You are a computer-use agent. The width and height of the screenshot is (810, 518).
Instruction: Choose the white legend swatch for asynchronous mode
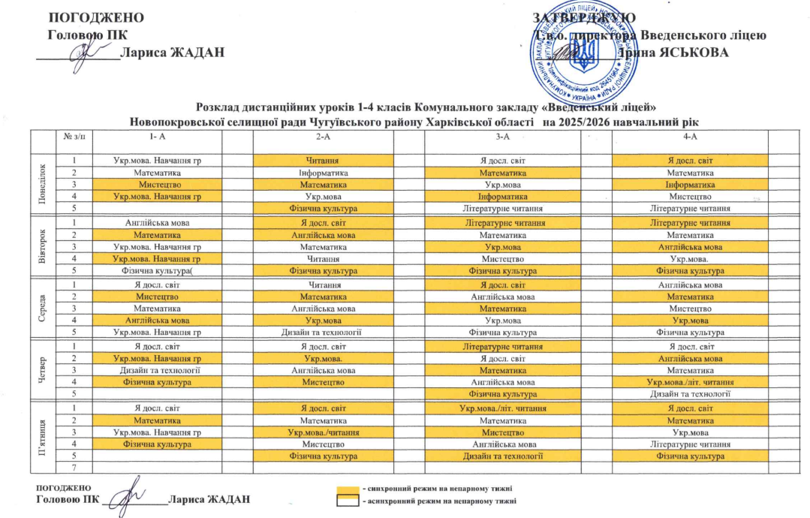pyautogui.click(x=346, y=501)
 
